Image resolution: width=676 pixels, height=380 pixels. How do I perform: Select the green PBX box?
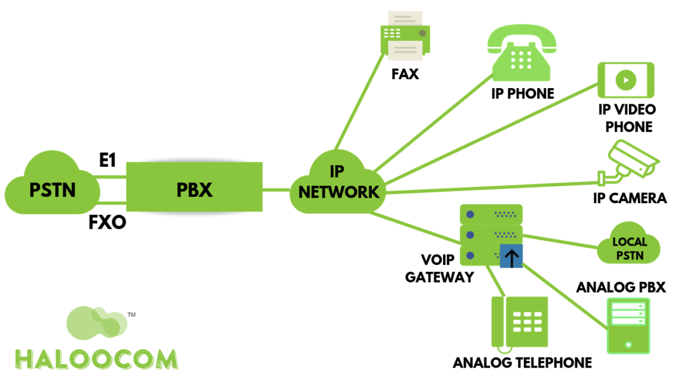click(194, 189)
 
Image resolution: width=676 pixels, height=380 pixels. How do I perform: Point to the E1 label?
click(107, 161)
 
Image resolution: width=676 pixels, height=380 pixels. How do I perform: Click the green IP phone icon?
click(521, 59)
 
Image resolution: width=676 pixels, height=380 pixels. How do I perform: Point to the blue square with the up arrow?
click(511, 256)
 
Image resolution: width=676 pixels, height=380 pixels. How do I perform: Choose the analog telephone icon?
click(520, 322)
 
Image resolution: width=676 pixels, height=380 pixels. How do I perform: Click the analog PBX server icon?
click(628, 326)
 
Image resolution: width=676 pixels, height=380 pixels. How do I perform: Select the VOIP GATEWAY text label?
click(439, 267)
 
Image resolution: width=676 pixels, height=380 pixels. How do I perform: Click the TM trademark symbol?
click(131, 315)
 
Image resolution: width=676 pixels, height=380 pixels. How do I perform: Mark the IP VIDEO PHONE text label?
click(627, 118)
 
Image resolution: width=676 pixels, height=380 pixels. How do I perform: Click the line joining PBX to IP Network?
click(276, 189)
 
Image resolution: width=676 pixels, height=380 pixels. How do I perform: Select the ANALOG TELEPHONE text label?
click(522, 362)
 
